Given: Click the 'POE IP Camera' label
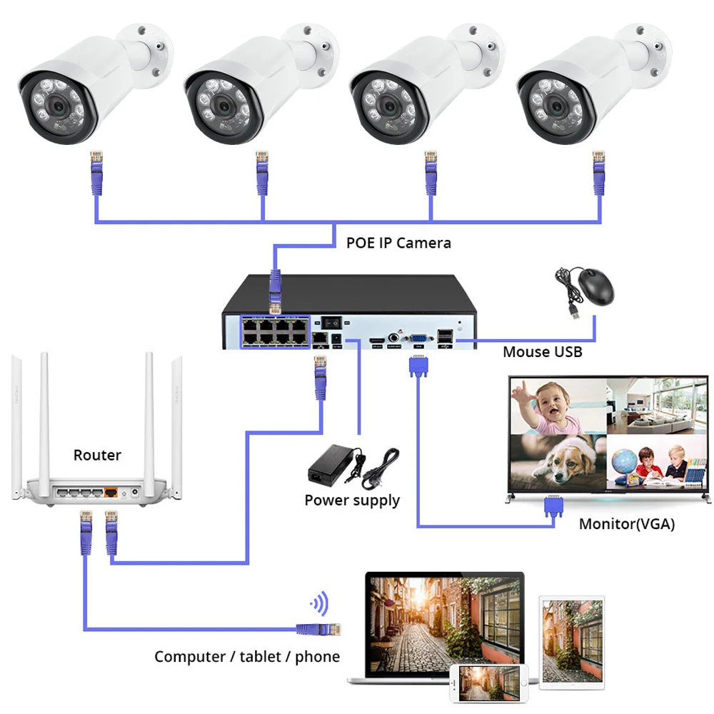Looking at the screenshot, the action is tap(398, 243).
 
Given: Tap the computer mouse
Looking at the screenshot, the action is tap(595, 286).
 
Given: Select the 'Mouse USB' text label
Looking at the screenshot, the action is tap(543, 352).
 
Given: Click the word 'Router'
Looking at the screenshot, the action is tap(97, 455).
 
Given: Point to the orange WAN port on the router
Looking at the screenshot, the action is tap(111, 492).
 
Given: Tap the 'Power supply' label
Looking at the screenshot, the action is tap(352, 501).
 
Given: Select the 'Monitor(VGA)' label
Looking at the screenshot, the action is tap(627, 524).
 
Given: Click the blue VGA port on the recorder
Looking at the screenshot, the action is tap(419, 338).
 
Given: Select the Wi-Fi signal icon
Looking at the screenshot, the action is tap(320, 603).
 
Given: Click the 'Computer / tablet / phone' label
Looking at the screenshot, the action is tap(247, 657).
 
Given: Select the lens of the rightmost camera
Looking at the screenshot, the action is tap(556, 107).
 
